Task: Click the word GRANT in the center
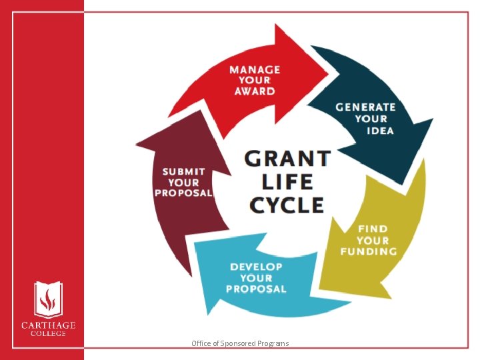pos(287,159)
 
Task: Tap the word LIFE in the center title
pos(287,181)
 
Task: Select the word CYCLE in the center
pos(287,204)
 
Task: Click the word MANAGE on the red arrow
pos(255,69)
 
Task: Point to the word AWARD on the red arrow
pos(255,91)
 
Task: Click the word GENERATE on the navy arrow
pos(365,107)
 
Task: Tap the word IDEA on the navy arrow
pos(380,130)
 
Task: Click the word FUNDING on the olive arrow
pos(368,251)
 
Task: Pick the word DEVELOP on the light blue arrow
pos(256,267)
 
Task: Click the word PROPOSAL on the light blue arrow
pos(256,289)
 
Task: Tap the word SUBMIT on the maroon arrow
pos(184,171)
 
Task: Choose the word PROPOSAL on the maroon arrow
pos(184,193)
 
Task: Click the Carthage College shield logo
pos(46,299)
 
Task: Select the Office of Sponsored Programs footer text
pos(240,343)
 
